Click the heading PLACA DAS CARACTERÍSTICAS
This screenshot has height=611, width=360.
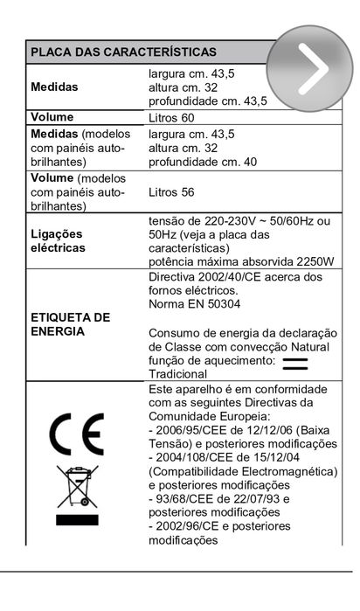point(123,52)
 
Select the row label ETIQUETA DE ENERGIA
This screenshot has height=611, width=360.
point(70,323)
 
